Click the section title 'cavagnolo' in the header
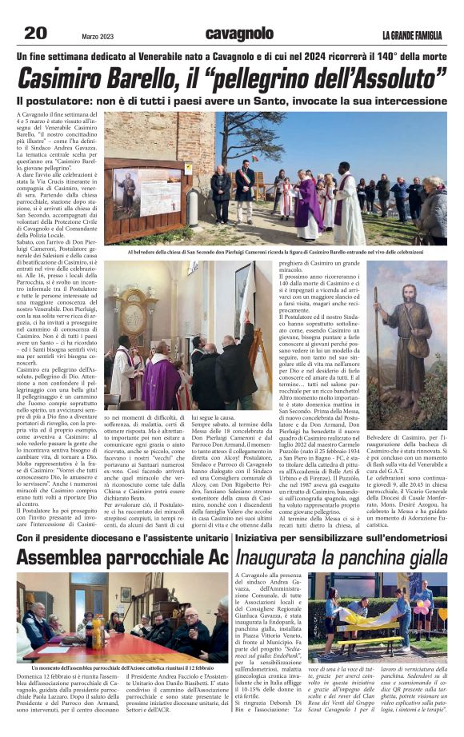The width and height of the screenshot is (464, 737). pos(238,33)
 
